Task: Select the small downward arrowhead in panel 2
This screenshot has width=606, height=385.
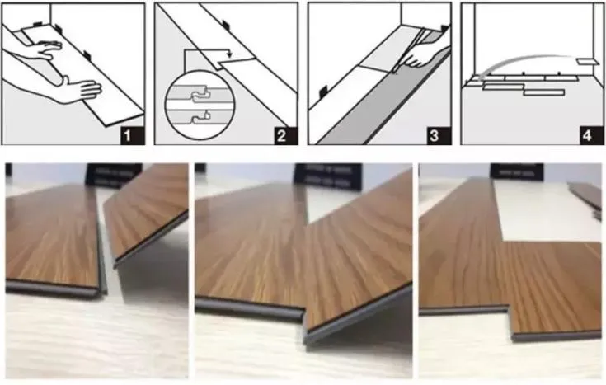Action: click(x=230, y=56)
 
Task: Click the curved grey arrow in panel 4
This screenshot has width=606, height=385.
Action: click(x=526, y=60)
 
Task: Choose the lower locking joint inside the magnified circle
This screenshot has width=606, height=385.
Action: click(x=200, y=116)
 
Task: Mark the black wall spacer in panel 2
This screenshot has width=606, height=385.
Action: click(x=226, y=25)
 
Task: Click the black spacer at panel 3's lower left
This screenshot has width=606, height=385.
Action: click(x=323, y=91)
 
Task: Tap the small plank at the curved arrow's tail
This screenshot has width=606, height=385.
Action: click(x=588, y=62)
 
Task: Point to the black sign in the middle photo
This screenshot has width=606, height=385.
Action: click(x=329, y=176)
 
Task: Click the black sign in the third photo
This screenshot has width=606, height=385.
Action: click(x=517, y=172)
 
